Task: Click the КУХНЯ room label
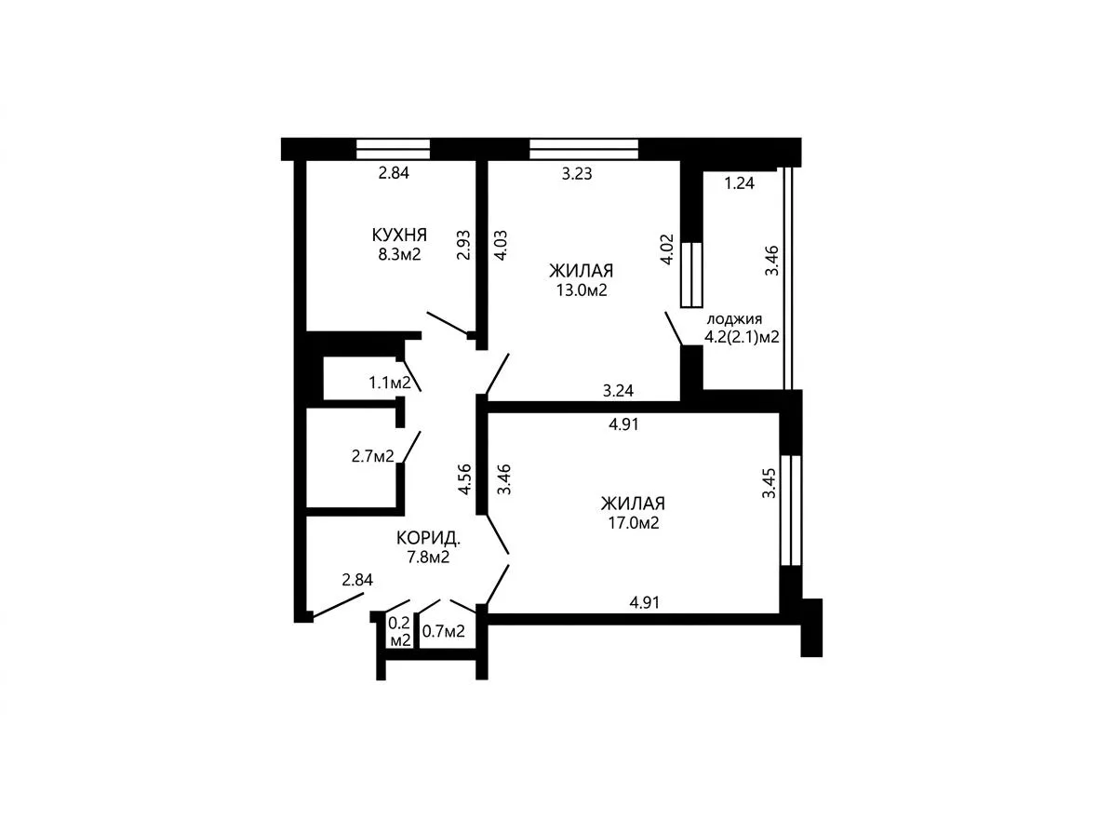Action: click(x=399, y=235)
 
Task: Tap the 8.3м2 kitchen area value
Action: click(x=399, y=254)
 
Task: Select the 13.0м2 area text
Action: click(x=582, y=289)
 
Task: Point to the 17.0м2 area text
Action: click(x=634, y=523)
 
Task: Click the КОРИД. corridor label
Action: click(x=429, y=539)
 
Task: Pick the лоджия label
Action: click(x=734, y=319)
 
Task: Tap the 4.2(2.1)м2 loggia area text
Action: click(x=742, y=337)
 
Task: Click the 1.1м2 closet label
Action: click(x=390, y=383)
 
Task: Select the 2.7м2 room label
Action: click(x=373, y=456)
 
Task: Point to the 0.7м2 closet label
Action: click(x=444, y=631)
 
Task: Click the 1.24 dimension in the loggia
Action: click(x=739, y=183)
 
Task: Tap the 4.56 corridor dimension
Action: click(x=464, y=479)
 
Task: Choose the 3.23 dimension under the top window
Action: click(x=577, y=174)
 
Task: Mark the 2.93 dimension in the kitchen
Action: click(x=463, y=245)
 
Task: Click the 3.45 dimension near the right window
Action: click(x=770, y=482)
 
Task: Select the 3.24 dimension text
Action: click(x=618, y=390)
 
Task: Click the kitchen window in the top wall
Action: click(x=394, y=150)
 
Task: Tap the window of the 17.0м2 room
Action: click(x=791, y=510)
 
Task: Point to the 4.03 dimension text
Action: click(x=501, y=245)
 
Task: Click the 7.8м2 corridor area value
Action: click(x=428, y=558)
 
